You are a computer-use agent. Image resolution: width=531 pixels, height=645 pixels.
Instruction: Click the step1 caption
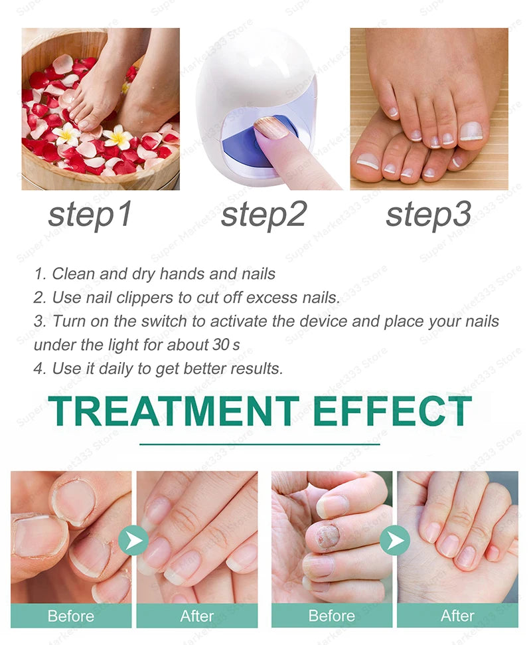pyautogui.click(x=90, y=215)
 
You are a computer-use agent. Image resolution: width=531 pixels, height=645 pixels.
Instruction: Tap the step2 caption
pyautogui.click(x=264, y=215)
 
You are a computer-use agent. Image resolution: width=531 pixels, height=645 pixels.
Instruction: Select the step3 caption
pyautogui.click(x=429, y=215)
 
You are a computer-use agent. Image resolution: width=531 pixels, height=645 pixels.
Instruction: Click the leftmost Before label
pyautogui.click(x=70, y=616)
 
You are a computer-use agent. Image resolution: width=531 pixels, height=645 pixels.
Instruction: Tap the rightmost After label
pyautogui.click(x=457, y=616)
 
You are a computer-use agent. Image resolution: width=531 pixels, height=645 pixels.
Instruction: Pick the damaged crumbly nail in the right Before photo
pyautogui.click(x=327, y=535)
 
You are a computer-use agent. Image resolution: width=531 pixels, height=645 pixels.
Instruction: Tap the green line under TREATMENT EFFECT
pyautogui.click(x=260, y=444)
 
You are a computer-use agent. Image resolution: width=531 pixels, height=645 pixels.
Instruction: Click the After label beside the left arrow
pyautogui.click(x=197, y=616)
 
